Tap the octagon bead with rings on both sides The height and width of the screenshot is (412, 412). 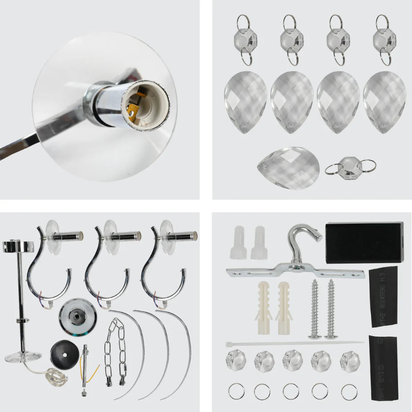[351, 166]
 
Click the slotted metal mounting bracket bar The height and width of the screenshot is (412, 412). [295, 272]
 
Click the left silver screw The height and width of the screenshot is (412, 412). [315, 309]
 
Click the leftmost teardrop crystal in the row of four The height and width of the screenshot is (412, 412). [245, 102]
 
